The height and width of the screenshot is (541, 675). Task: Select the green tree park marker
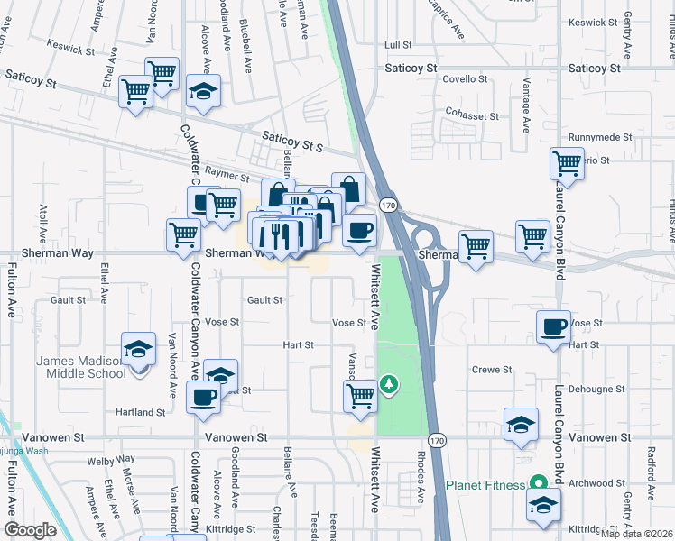click(x=389, y=384)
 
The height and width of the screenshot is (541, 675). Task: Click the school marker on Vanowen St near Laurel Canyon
click(x=521, y=426)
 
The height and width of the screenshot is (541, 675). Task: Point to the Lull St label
click(x=397, y=44)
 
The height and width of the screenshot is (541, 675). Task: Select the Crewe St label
click(x=492, y=370)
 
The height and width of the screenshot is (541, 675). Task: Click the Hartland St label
click(x=141, y=412)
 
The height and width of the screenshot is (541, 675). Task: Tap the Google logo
click(x=30, y=530)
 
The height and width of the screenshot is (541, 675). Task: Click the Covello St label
click(x=466, y=79)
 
